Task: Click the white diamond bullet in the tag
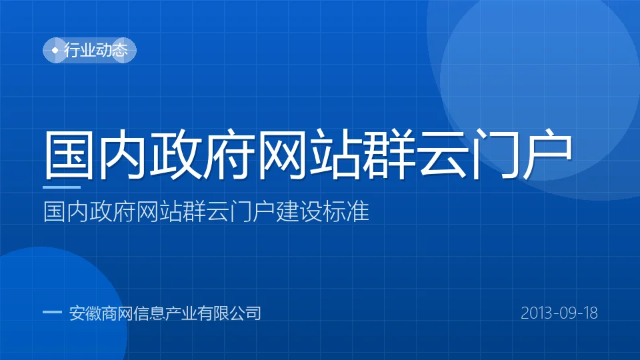coord(55,50)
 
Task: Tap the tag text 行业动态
coord(96,50)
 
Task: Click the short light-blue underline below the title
coord(61,187)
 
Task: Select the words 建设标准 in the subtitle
coord(323,211)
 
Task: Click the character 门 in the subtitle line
coord(241,211)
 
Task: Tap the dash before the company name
coord(52,312)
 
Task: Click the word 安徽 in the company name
coord(85,313)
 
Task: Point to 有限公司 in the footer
coord(229,313)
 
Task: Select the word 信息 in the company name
coord(149,313)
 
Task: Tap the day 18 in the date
coord(591,313)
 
